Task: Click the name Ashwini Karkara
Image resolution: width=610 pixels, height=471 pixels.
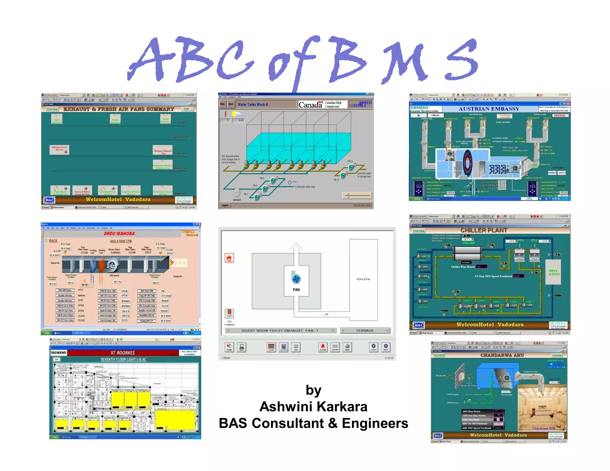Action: (x=313, y=407)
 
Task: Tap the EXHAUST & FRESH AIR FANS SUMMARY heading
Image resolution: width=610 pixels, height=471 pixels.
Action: (x=119, y=109)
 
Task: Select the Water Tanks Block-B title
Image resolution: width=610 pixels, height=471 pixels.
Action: (x=253, y=105)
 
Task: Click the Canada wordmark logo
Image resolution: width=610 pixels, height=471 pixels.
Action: (x=310, y=105)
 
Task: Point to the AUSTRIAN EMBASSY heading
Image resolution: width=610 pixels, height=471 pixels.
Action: (x=489, y=109)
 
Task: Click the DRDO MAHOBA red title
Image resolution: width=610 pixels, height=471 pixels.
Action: (x=119, y=234)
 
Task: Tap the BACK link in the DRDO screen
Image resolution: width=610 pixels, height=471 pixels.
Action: (x=53, y=241)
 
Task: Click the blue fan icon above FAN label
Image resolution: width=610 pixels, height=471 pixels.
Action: (x=296, y=279)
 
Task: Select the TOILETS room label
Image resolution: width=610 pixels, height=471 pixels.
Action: (x=363, y=279)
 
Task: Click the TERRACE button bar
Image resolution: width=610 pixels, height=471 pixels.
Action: (x=365, y=330)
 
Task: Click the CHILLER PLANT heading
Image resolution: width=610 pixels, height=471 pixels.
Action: (x=484, y=230)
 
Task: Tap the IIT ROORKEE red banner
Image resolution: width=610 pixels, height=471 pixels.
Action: (x=123, y=353)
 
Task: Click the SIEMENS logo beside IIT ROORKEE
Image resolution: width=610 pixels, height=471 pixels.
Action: (x=58, y=353)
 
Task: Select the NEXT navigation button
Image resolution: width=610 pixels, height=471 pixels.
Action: (x=386, y=347)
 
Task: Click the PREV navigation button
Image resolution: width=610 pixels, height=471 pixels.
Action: (x=374, y=347)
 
